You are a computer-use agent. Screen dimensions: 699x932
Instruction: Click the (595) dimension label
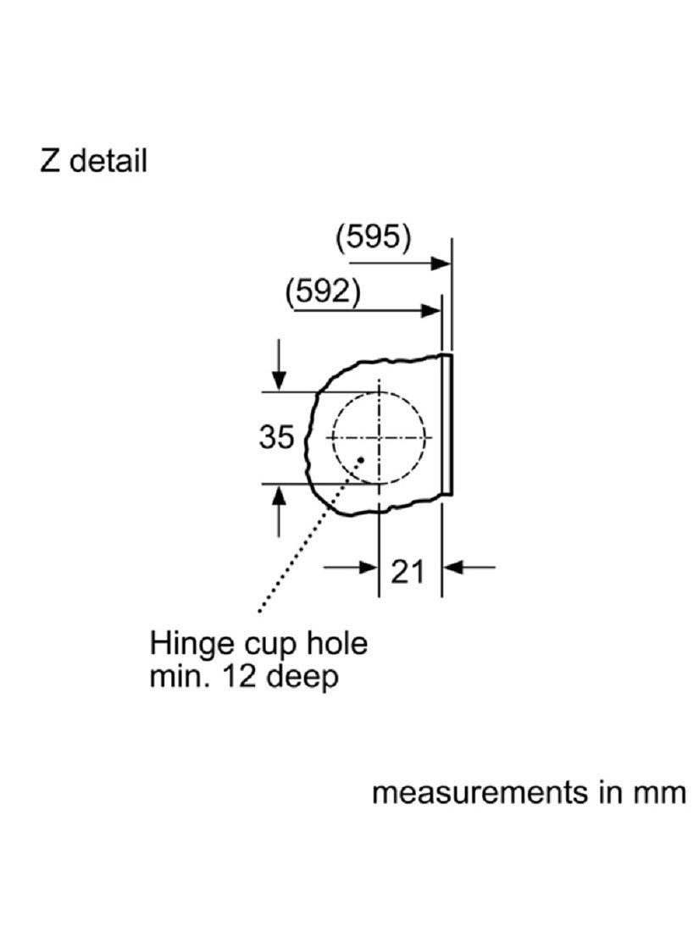coord(374,238)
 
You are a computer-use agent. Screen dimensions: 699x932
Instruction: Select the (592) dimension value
coord(323,291)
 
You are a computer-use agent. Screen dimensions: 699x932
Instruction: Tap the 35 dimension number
coord(276,437)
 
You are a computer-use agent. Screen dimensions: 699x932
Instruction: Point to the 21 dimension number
coord(408,573)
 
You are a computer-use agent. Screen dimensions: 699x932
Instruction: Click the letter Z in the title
coord(50,160)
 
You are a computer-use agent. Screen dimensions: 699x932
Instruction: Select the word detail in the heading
coord(108,160)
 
